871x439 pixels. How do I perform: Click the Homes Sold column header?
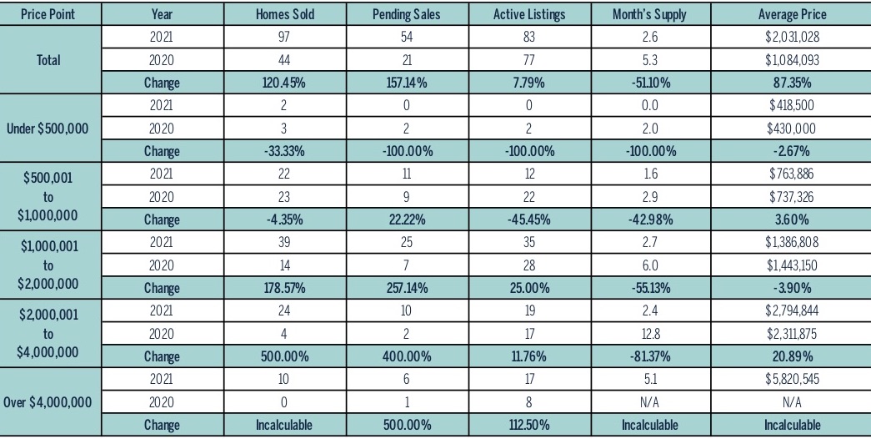click(x=284, y=14)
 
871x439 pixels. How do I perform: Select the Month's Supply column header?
click(x=649, y=14)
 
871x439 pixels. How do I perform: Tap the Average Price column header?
click(x=792, y=14)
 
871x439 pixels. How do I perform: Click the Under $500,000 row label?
click(x=48, y=129)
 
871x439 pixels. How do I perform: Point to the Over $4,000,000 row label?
click(x=48, y=402)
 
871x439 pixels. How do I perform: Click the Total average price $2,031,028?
click(x=792, y=38)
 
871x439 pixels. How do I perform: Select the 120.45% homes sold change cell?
click(x=284, y=83)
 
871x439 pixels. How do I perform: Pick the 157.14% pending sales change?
click(x=407, y=83)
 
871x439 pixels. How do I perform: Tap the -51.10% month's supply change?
click(x=650, y=83)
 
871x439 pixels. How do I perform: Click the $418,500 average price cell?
click(x=792, y=105)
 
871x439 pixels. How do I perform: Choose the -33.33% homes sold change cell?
click(x=284, y=151)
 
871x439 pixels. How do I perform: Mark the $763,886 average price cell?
click(x=792, y=174)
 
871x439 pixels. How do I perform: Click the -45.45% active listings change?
click(x=528, y=219)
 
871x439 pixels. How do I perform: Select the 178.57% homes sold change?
click(x=284, y=288)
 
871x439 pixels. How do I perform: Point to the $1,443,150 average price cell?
click(x=792, y=265)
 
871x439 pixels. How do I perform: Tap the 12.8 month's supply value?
click(x=650, y=334)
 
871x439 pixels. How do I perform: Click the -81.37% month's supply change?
click(x=650, y=356)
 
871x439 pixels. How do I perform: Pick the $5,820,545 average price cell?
click(x=792, y=380)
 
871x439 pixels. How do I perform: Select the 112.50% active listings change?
click(x=528, y=425)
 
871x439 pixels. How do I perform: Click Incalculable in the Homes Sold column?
click(x=284, y=425)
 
